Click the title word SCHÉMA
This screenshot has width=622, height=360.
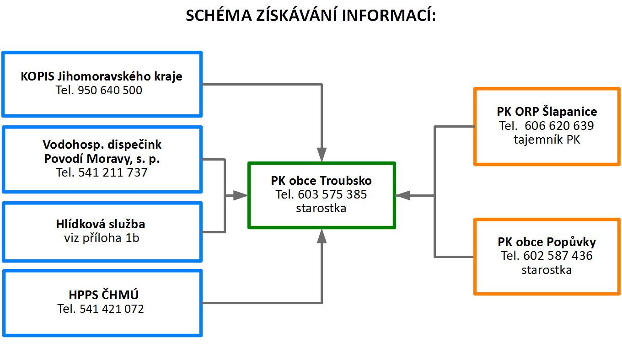point(219,15)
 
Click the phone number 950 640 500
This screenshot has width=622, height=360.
point(110,90)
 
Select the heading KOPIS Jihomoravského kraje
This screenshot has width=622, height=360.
point(102,76)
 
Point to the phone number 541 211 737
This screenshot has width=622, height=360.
point(113,172)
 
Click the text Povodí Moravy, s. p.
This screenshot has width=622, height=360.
point(102,159)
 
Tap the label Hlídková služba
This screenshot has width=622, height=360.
point(101,224)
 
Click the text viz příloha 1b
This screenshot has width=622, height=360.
point(102,238)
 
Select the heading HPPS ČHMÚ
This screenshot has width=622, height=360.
point(103,295)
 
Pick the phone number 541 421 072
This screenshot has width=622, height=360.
point(112,309)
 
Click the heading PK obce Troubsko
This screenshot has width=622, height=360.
point(321,181)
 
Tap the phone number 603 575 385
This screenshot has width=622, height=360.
point(332,194)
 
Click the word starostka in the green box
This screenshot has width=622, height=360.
point(321,208)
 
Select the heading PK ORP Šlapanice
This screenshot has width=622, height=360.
point(547,112)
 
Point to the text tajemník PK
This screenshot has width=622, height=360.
point(547,140)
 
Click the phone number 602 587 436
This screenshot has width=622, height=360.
point(558,256)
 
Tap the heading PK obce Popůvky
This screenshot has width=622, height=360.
point(547,242)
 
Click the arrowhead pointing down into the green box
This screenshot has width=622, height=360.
point(322,155)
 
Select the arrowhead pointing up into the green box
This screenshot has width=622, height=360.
point(322,236)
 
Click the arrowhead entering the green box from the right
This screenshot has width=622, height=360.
point(402,196)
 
